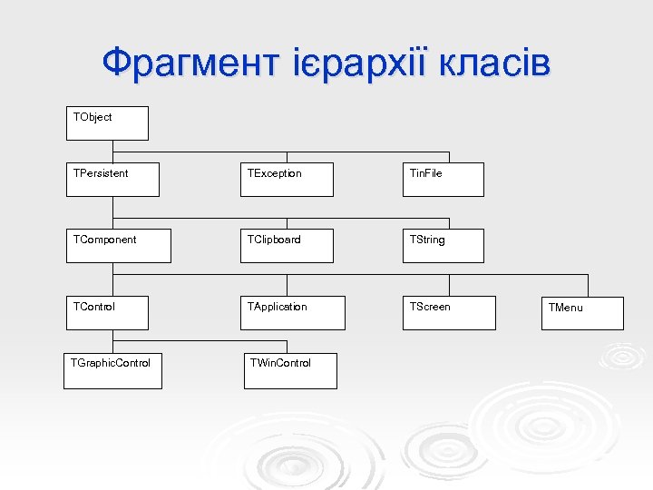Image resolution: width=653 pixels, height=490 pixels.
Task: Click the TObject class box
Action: point(107,123)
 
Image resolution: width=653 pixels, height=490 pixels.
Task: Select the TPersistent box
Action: point(112,180)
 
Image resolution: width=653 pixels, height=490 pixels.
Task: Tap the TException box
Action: point(288,180)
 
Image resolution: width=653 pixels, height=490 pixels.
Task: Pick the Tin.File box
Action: point(443,180)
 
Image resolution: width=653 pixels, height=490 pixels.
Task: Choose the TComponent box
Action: point(118,246)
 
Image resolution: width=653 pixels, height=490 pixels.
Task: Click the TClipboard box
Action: point(288,246)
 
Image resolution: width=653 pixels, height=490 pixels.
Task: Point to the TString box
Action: point(443,246)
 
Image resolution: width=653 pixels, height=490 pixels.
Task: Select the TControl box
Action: point(112,313)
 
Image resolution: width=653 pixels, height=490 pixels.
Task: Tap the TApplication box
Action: point(288,313)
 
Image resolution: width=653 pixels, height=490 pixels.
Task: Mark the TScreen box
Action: point(449,313)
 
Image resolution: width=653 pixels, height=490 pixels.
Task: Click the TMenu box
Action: point(583,313)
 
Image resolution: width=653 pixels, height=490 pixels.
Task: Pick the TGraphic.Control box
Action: point(112,371)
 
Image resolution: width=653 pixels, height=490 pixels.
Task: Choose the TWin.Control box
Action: point(290,371)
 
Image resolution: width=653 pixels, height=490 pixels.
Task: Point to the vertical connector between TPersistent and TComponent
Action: point(112,212)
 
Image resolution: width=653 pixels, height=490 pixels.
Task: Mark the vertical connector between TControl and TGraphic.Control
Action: point(112,341)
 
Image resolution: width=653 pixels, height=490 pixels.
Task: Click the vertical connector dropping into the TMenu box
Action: point(588,286)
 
